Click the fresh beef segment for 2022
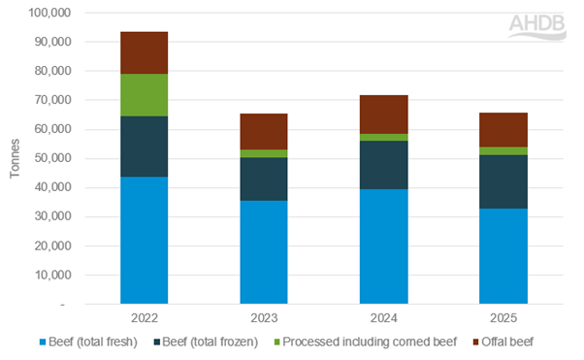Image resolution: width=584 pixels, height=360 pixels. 144,240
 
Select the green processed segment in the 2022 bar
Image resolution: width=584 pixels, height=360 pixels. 144,95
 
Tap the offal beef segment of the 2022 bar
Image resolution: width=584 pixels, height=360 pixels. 144,52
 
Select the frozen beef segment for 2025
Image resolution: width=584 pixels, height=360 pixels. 503,181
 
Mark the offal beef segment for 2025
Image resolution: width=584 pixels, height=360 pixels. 503,130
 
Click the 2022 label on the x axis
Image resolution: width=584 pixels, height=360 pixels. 144,317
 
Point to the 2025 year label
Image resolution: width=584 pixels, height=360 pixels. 503,317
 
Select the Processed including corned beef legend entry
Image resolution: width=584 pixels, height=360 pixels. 355,343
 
